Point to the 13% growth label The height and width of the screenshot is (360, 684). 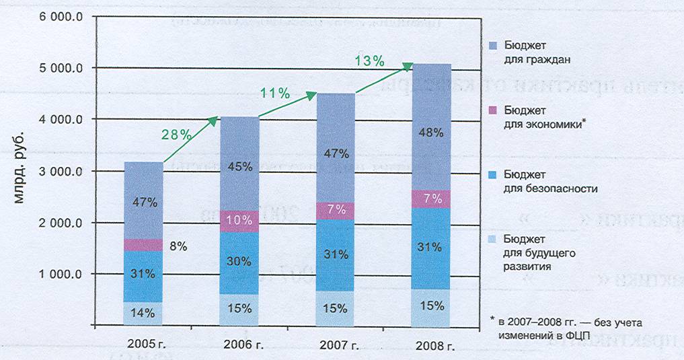click(x=369, y=61)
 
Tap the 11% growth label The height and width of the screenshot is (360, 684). click(x=275, y=94)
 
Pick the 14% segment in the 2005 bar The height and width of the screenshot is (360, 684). click(x=143, y=313)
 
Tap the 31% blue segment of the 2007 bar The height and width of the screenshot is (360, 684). click(x=335, y=255)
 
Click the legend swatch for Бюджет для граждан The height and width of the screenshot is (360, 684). click(x=492, y=46)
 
